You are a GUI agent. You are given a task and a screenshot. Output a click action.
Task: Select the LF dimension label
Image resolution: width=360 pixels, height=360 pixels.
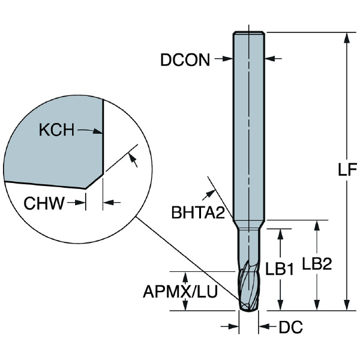(x=344, y=170)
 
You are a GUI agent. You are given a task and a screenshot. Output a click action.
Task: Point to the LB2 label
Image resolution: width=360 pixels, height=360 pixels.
(x=316, y=264)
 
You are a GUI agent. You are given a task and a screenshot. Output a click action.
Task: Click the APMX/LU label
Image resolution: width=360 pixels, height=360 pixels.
(x=180, y=292)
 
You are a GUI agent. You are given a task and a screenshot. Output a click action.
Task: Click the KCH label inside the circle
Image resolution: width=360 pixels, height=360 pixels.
(x=56, y=130)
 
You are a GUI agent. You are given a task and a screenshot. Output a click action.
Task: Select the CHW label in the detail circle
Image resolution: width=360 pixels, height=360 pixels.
(x=44, y=203)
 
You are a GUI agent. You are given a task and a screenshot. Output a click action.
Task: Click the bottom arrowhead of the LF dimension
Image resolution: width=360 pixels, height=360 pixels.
(x=346, y=306)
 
